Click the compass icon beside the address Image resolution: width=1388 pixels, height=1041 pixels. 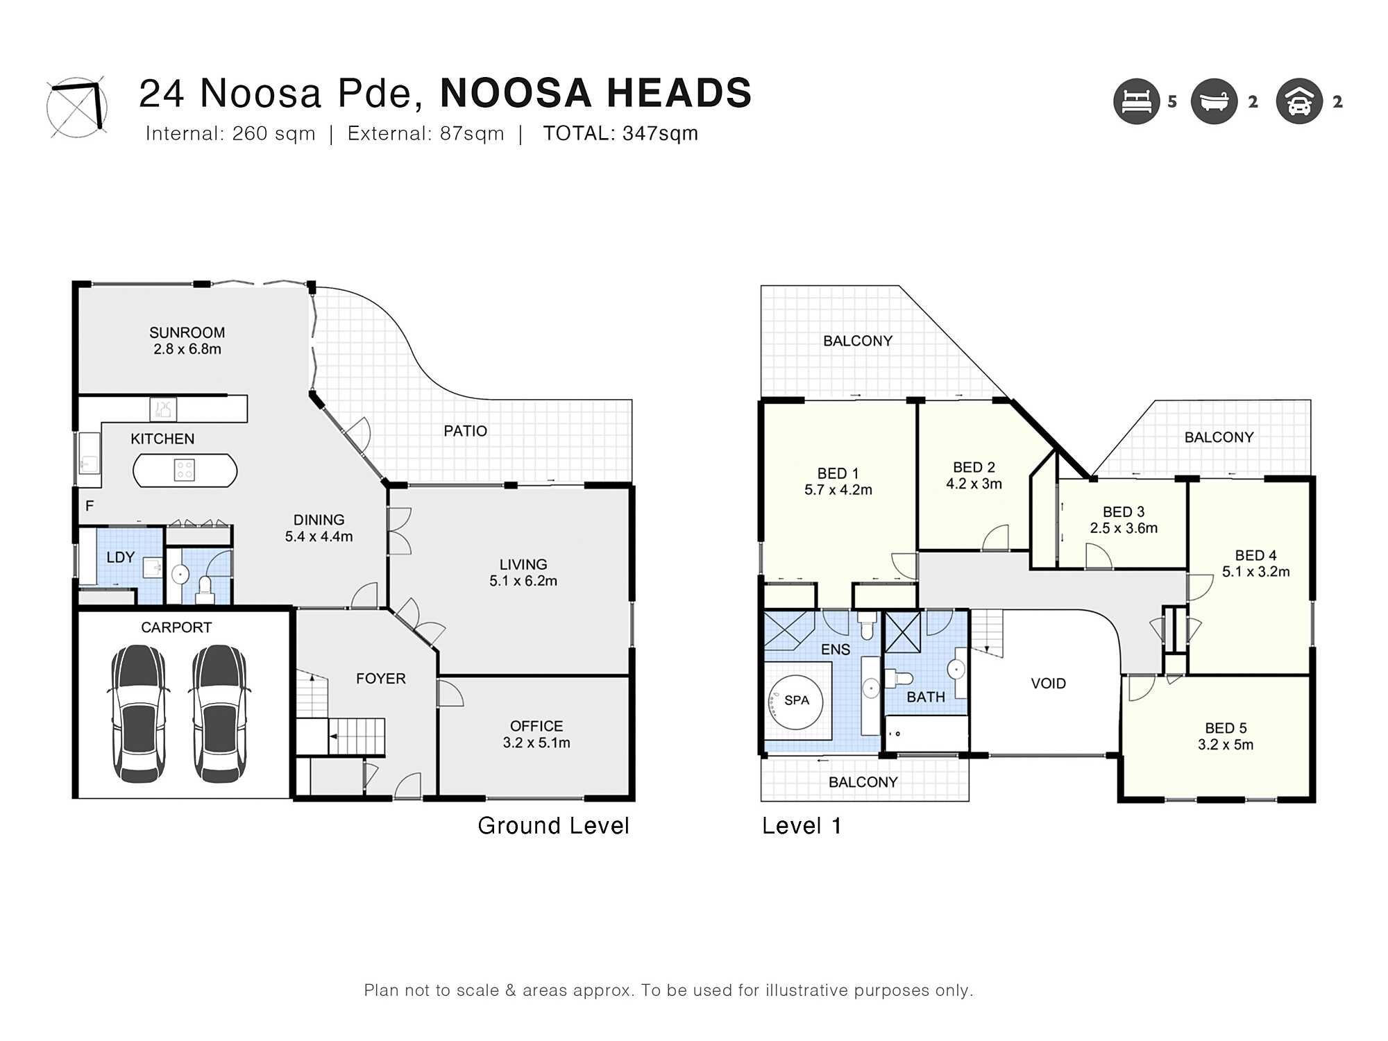[x=77, y=107]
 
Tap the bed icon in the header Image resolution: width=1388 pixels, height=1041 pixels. [x=1137, y=101]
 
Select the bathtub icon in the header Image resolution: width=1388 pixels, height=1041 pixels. [x=1214, y=101]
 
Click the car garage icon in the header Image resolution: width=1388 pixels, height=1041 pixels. [x=1299, y=101]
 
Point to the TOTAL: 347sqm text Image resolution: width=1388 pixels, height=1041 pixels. [x=620, y=133]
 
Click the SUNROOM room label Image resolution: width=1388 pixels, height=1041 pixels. [x=187, y=332]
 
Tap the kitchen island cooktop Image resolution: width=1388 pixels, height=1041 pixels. [x=185, y=470]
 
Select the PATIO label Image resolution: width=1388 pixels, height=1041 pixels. [x=465, y=431]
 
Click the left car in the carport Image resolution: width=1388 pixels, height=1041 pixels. [x=139, y=713]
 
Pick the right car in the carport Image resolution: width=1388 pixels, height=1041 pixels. [x=219, y=713]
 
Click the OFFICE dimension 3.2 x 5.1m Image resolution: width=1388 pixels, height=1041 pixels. [x=536, y=743]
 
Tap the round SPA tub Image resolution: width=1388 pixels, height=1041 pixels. [x=795, y=701]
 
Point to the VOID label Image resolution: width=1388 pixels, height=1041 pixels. [x=1048, y=684]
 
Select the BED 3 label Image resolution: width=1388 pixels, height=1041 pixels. [x=1124, y=511]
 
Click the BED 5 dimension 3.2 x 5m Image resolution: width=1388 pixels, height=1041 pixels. [x=1226, y=745]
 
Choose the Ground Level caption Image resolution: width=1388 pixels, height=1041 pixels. [x=553, y=826]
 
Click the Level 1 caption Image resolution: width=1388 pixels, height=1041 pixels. [x=802, y=826]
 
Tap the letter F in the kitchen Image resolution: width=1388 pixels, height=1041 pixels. [x=90, y=506]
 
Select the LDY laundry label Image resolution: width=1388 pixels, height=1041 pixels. [x=120, y=557]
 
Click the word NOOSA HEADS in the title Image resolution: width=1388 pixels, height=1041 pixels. [x=596, y=93]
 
